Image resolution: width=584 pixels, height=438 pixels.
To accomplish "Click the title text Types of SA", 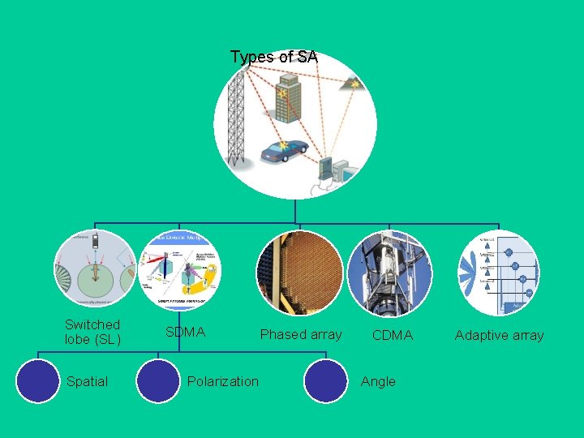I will (273, 57).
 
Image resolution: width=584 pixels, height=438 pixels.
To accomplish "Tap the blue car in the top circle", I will (284, 151).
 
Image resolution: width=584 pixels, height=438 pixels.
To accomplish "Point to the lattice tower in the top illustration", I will (237, 118).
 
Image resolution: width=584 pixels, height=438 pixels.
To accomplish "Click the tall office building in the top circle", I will (287, 99).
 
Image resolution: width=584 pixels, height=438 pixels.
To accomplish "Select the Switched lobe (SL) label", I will (92, 332).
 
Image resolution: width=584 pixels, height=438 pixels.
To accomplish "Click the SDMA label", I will (186, 333).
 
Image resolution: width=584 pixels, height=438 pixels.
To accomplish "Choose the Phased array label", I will (301, 334).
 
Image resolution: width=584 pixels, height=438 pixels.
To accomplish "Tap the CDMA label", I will (393, 335).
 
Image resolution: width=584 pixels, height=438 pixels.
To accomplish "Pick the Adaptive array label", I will (499, 335).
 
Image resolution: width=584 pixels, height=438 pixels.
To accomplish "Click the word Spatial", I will (87, 381).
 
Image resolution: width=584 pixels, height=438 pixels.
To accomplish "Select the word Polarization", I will (223, 381).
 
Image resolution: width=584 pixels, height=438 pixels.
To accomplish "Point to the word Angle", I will (379, 381).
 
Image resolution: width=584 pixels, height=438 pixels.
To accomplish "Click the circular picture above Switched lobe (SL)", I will (95, 268).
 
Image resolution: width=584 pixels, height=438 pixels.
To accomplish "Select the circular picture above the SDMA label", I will (179, 268).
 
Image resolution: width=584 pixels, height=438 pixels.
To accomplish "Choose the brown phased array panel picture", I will (299, 273).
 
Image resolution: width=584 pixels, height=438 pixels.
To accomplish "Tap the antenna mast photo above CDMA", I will (390, 273).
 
